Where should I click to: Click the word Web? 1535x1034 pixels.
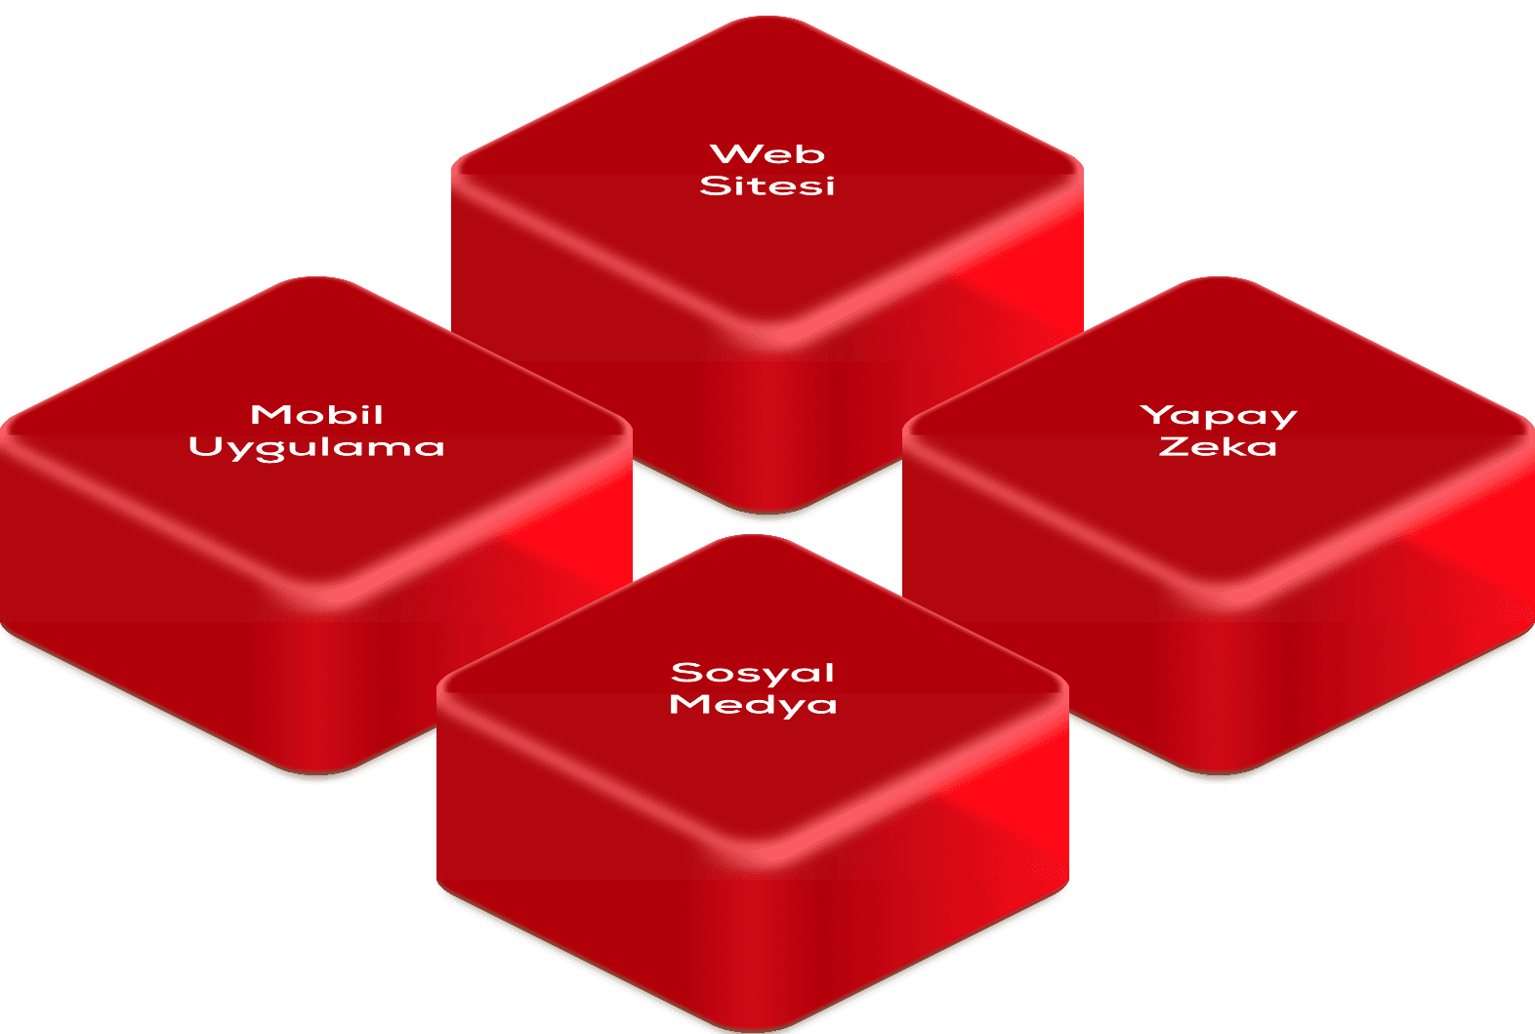point(767,154)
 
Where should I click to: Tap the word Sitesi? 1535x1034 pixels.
point(767,186)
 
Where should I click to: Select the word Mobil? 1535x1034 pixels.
point(316,415)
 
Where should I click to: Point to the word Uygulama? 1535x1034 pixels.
point(316,448)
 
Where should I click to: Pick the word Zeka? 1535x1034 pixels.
point(1218,447)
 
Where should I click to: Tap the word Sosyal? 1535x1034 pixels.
point(753,673)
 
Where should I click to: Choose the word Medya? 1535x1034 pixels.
point(753,705)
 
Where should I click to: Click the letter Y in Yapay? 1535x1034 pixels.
point(1156,414)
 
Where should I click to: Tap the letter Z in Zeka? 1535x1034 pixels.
point(1173,447)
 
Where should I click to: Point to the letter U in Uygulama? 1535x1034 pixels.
point(205,447)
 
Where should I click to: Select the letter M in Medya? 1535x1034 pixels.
point(687,704)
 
